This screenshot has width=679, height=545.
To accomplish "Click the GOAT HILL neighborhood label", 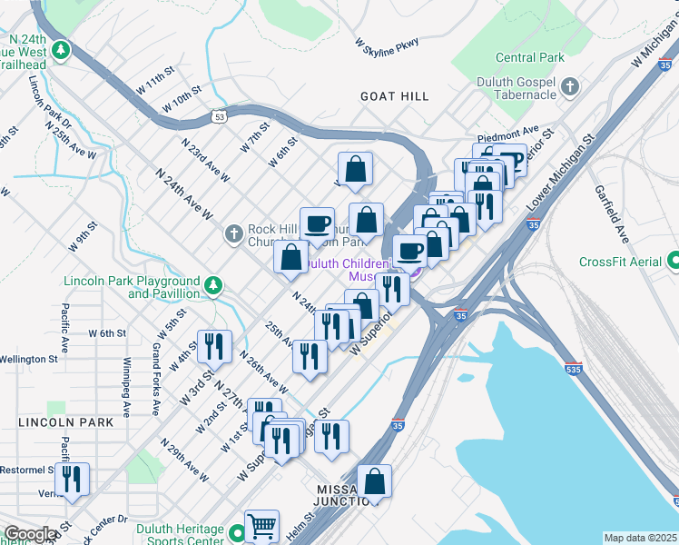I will pyautogui.click(x=394, y=95).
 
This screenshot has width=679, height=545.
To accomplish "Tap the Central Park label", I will pyautogui.click(x=530, y=57).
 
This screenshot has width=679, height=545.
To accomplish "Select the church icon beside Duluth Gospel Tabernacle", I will pyautogui.click(x=570, y=87).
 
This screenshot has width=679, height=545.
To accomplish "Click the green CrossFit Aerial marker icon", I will pyautogui.click(x=673, y=262).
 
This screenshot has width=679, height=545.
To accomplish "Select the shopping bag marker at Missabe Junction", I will pyautogui.click(x=374, y=481).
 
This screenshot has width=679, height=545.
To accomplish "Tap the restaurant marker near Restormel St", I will pyautogui.click(x=71, y=479).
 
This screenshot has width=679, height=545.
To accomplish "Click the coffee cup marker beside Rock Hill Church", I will pyautogui.click(x=318, y=223).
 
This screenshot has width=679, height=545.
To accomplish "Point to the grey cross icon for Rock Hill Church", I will pyautogui.click(x=233, y=235).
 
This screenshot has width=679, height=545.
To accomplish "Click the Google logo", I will pyautogui.click(x=31, y=534).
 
